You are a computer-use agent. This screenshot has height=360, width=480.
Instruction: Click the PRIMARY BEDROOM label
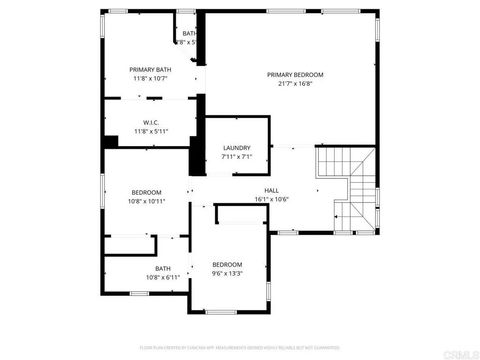[295, 75]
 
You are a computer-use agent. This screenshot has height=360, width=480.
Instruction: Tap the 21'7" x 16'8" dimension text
[295, 84]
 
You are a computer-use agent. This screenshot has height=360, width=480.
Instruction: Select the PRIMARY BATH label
[150, 69]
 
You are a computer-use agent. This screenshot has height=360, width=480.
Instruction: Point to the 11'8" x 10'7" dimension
[150, 78]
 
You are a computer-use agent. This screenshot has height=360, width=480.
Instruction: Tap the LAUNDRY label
[237, 148]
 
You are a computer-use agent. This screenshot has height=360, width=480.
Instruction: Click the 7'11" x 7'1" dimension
[237, 157]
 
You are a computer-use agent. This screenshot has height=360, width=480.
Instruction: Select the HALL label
[271, 190]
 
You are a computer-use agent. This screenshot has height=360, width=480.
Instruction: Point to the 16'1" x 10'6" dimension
[271, 199]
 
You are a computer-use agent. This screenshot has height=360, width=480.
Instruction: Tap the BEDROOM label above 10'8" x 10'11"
[147, 192]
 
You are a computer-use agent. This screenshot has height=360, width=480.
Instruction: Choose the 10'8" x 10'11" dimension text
[147, 201]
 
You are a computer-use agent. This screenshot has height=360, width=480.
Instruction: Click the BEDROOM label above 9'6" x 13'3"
[227, 264]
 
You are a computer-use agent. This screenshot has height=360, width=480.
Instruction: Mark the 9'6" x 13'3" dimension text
[227, 273]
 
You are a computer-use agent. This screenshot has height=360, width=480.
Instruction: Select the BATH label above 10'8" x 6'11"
[162, 268]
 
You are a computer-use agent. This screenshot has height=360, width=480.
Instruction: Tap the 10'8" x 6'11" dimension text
[162, 277]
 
